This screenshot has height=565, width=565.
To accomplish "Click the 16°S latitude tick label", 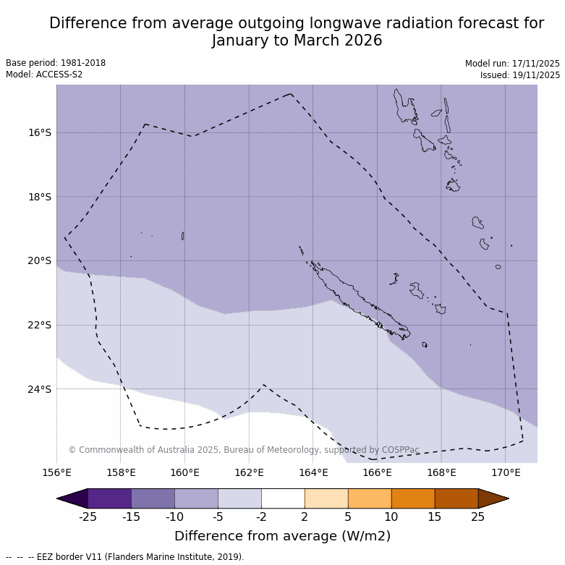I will point(39,132).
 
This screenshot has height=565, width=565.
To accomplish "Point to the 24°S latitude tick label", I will point(39,389).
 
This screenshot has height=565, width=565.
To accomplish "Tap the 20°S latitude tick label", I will point(39,260).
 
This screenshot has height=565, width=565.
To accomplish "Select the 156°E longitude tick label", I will point(56,473).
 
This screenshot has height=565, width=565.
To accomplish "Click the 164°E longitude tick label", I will point(313,473).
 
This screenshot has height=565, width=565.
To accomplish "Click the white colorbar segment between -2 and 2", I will point(283,498).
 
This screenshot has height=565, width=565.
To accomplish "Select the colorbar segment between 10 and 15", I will point(413,498).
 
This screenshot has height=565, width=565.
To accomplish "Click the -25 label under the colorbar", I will point(88,517).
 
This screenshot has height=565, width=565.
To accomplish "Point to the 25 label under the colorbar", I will point(478,517).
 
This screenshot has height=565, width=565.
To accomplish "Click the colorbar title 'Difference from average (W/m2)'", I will point(282,536).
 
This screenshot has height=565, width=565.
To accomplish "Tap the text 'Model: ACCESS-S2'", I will point(44,75).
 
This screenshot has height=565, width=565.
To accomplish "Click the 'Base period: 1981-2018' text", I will point(56,63).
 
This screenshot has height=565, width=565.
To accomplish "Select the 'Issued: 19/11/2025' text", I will point(519,75).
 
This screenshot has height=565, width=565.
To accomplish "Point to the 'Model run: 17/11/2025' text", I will point(512,64).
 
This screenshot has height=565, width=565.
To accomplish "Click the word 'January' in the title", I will point(239,41).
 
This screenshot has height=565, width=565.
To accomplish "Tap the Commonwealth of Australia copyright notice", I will point(244,450).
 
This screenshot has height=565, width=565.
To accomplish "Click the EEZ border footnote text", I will point(124,557).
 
